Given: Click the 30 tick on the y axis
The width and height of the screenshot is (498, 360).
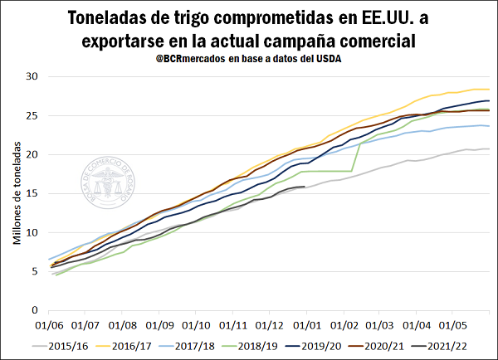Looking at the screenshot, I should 33,76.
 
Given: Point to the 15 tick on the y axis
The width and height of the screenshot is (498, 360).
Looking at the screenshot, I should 33,193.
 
